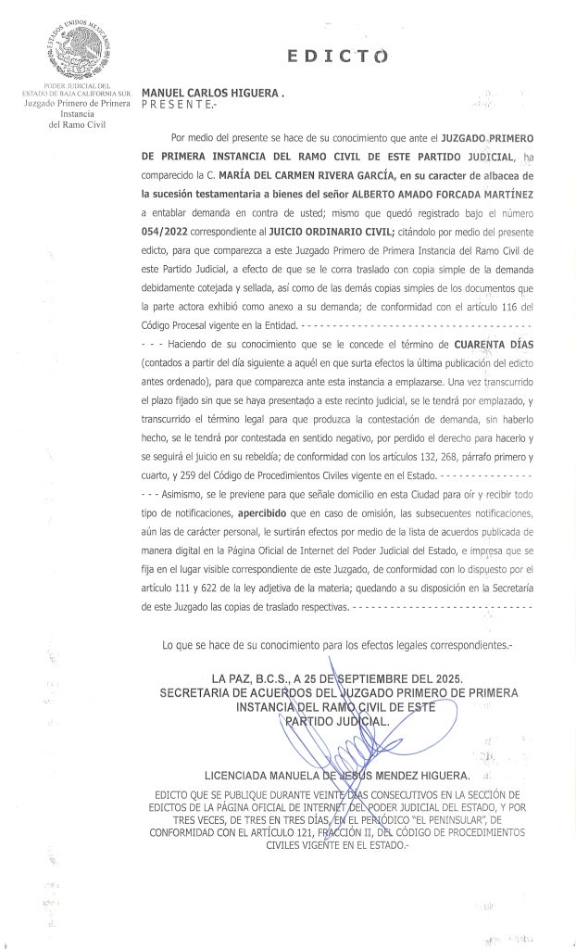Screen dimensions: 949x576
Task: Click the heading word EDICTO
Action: (337, 57)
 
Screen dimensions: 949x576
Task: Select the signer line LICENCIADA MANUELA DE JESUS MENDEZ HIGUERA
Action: (337, 774)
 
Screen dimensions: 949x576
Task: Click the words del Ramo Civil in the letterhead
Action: (66, 123)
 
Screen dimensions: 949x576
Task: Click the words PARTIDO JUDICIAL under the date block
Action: (337, 720)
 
